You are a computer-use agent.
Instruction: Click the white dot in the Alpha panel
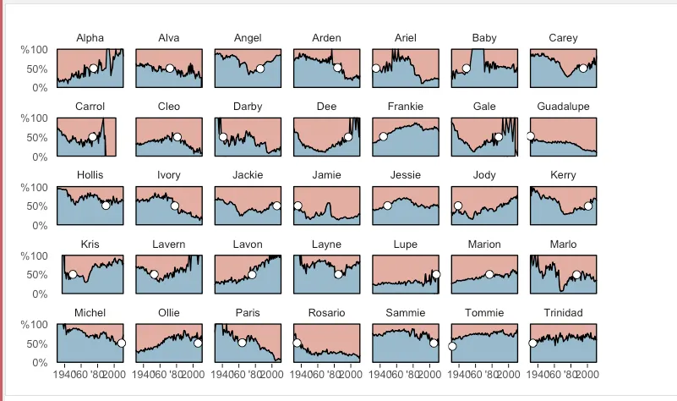[93, 69]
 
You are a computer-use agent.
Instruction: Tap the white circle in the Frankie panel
[383, 137]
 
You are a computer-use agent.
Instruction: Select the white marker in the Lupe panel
[436, 274]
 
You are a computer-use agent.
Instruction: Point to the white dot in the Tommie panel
[452, 346]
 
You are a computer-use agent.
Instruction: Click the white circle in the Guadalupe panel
[531, 136]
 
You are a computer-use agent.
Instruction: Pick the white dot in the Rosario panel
[297, 343]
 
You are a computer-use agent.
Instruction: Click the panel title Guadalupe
[563, 107]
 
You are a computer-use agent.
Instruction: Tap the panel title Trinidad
[563, 313]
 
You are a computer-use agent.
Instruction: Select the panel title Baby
[484, 38]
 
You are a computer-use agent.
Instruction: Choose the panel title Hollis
[90, 175]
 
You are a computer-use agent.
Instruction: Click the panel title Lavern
[169, 244]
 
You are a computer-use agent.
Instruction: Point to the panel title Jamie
[326, 175]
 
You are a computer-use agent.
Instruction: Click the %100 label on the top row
[35, 50]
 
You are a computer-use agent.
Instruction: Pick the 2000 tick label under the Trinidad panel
[587, 373]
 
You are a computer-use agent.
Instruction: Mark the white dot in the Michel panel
[121, 343]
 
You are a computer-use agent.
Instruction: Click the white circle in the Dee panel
[348, 137]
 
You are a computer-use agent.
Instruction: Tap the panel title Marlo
[563, 244]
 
